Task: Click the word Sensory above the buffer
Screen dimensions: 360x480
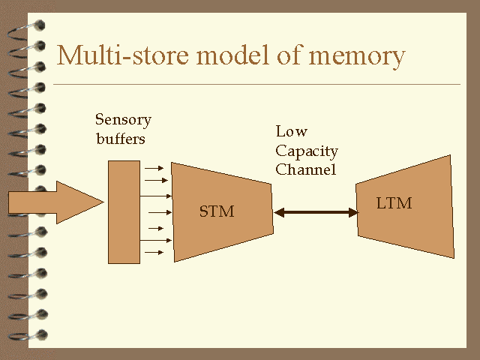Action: (x=123, y=120)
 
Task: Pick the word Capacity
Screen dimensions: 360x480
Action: (x=307, y=151)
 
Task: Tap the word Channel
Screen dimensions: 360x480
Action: (x=305, y=169)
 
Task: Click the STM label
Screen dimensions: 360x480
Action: (x=217, y=212)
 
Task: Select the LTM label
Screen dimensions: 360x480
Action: (x=394, y=203)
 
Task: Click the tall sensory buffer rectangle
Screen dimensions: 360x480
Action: (x=124, y=211)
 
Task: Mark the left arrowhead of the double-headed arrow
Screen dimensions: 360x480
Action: (x=279, y=213)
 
